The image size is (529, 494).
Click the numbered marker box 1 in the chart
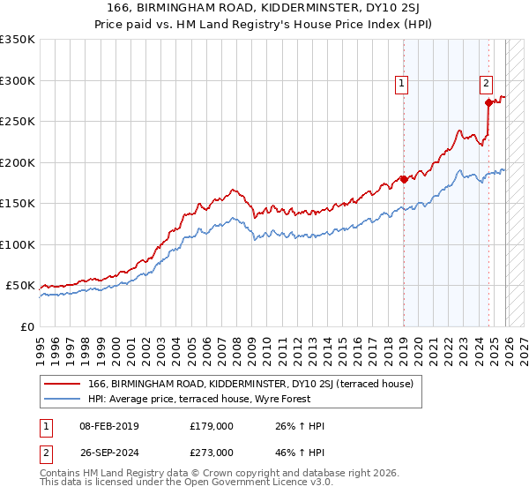(x=402, y=84)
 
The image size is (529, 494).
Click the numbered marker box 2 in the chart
(x=486, y=84)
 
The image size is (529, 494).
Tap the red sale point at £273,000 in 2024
(x=488, y=103)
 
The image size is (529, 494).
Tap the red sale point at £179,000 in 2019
(x=404, y=179)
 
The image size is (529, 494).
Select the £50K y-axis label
(x=20, y=286)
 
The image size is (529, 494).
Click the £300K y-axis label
(x=18, y=80)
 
